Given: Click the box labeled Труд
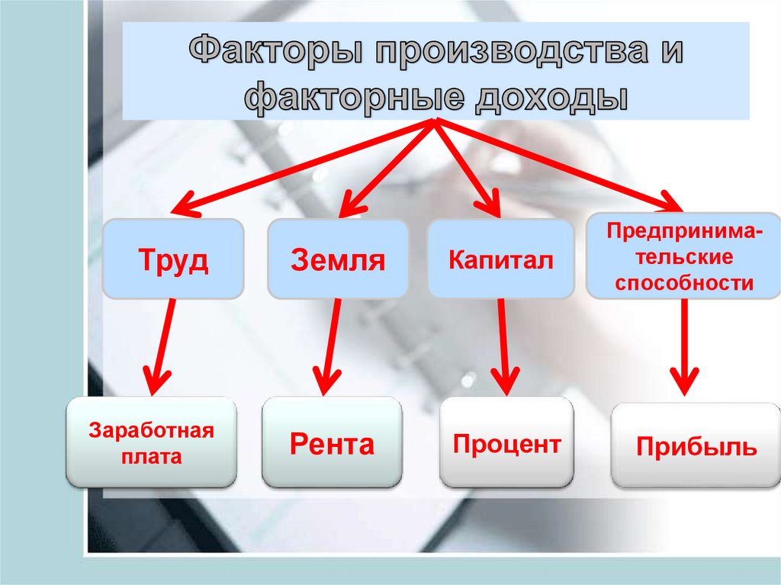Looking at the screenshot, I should click(173, 259).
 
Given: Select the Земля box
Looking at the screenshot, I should click(338, 259).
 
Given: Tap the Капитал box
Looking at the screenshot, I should click(500, 259).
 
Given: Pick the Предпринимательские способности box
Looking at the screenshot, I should click(683, 256).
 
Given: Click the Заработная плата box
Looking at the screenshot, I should click(151, 442).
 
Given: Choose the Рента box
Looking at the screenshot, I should click(332, 442).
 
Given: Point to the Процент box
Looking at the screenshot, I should click(507, 442).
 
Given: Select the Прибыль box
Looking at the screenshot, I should click(696, 445).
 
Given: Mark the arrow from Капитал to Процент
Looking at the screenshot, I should click(502, 343).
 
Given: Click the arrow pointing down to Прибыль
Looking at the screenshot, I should click(683, 343).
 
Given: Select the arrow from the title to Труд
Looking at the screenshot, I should click(305, 165).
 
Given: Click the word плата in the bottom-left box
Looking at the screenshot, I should click(151, 458).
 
